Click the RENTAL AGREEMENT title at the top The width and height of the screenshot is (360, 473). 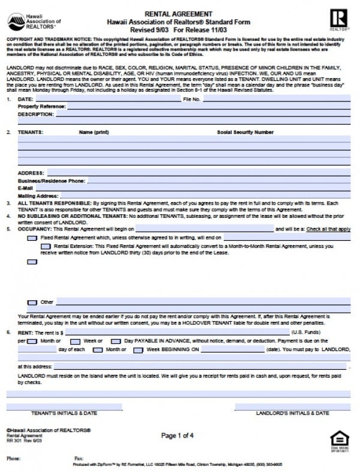178,13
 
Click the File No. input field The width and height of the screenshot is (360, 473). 276,98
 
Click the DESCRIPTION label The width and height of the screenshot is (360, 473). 35,113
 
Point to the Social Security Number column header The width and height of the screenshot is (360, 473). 245,131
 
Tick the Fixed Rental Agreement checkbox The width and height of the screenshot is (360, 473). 32,238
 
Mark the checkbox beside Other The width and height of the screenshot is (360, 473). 32,302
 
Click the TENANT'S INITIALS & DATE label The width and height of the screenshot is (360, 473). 64,413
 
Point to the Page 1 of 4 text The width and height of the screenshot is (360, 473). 178,435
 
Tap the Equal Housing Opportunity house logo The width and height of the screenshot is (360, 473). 339,439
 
